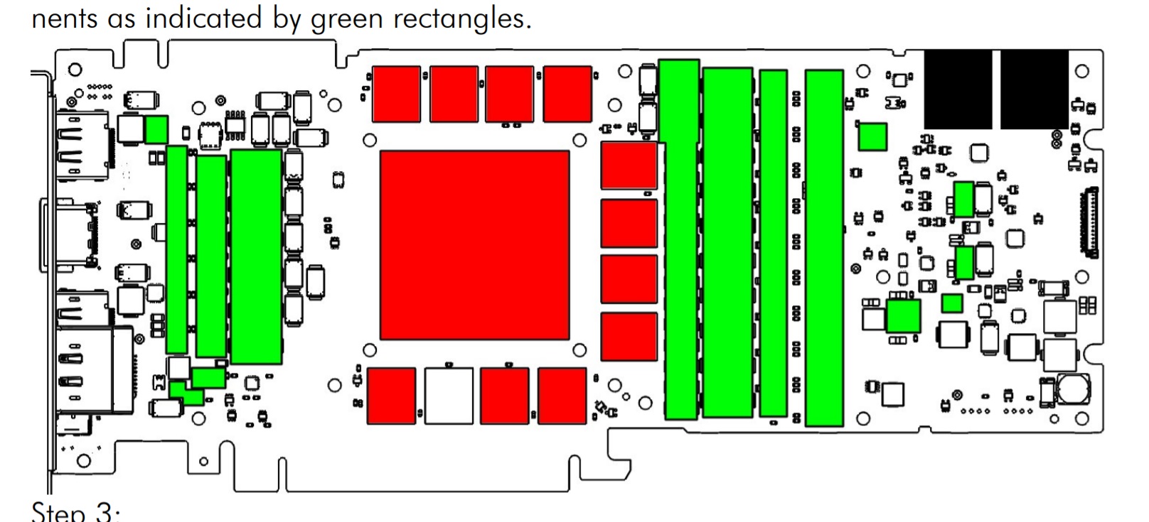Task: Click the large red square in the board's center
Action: [x=474, y=245]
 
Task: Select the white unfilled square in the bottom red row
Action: [x=449, y=396]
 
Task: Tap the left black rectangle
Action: [x=958, y=89]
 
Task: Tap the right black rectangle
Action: [x=1034, y=89]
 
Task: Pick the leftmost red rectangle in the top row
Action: [x=396, y=94]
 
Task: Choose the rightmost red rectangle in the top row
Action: [x=567, y=94]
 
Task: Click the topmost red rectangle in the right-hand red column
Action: [x=629, y=166]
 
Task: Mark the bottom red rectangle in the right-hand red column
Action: [x=629, y=337]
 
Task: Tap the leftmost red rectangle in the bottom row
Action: [x=391, y=396]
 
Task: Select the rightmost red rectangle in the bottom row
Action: [x=562, y=396]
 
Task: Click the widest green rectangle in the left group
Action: [x=256, y=256]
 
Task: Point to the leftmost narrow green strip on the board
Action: [x=176, y=249]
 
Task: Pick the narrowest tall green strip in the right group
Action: [x=773, y=243]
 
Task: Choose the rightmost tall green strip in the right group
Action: [x=824, y=247]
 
